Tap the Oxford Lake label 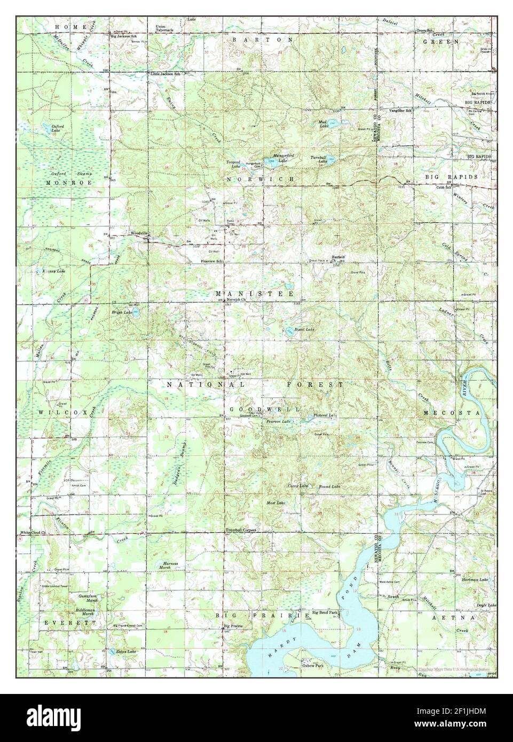[58, 128]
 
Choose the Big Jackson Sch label [124, 36]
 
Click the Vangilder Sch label [401, 110]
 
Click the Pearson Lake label [278, 422]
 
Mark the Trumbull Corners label [241, 530]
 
